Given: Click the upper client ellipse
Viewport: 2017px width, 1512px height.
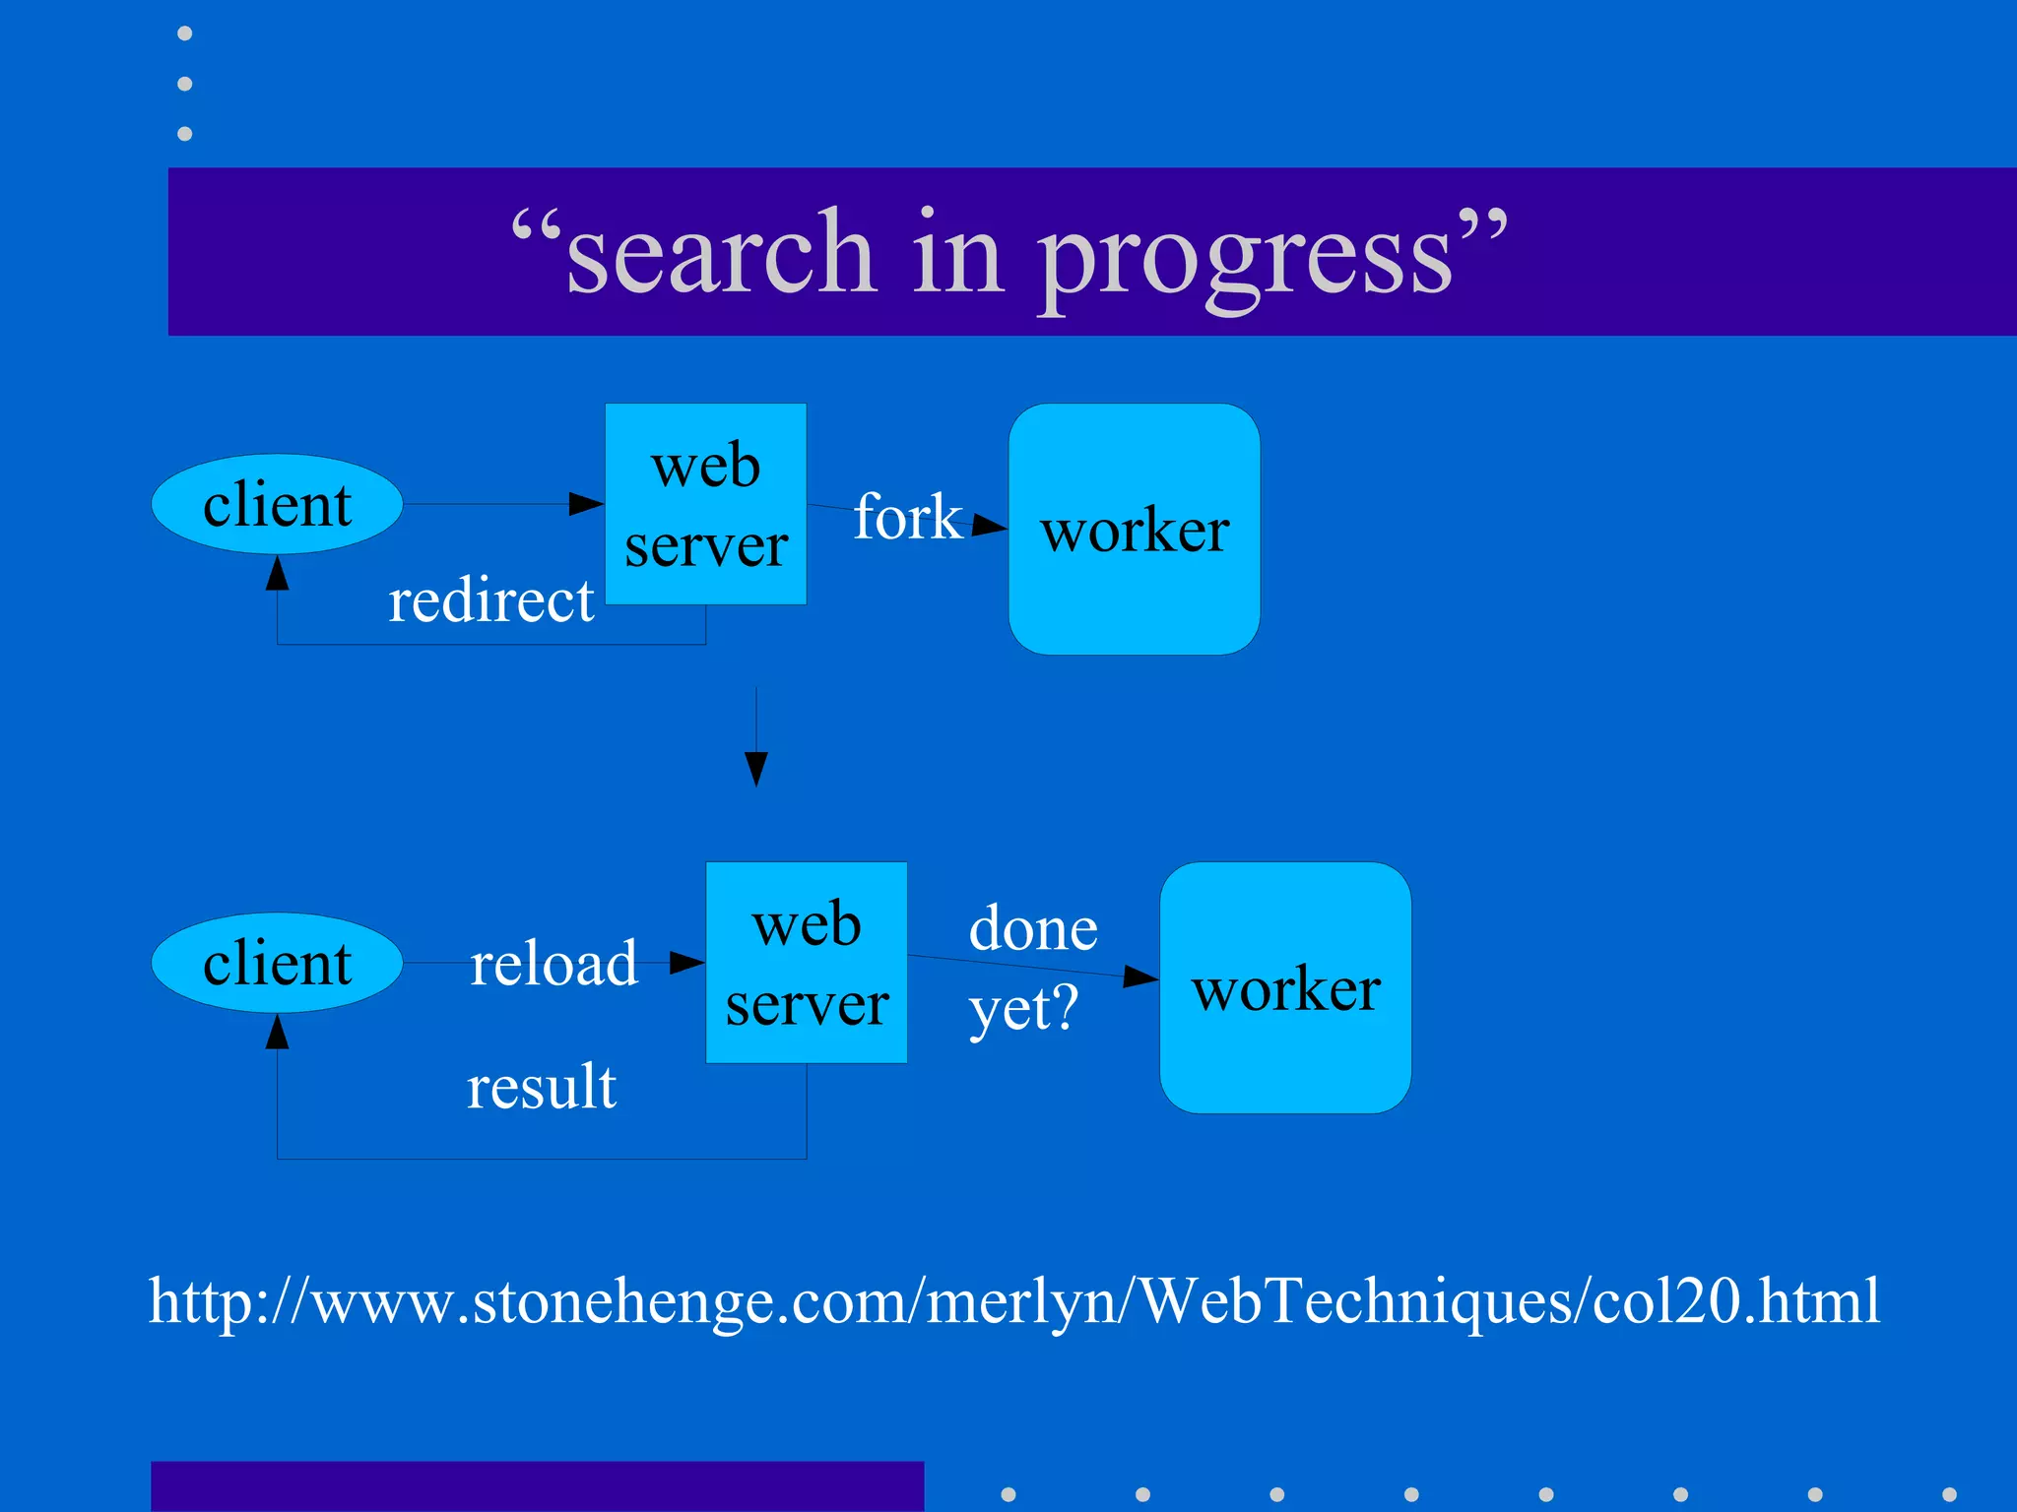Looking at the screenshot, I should coord(277,504).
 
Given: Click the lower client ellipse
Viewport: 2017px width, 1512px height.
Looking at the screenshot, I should coord(277,963).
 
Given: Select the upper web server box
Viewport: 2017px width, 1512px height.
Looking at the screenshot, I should coord(705,504).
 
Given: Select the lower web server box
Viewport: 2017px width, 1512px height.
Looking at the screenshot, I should coord(806,963).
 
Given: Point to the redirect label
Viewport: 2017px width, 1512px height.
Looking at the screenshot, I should coord(490,600).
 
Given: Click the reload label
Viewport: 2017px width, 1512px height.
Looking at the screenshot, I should coord(553,963).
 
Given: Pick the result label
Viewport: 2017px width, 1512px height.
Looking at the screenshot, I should coord(541,1087).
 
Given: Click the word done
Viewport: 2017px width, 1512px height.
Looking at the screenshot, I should coord(1033,928).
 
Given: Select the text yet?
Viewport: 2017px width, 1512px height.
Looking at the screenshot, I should coord(1023,1009).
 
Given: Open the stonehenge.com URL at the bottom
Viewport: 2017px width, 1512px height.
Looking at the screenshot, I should coord(1013,1300).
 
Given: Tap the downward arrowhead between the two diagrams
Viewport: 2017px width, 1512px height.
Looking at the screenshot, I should coord(755,768).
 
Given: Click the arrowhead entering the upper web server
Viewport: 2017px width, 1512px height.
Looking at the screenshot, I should coord(587,504).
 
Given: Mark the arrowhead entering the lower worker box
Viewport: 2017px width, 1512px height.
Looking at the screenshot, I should coord(1141,976).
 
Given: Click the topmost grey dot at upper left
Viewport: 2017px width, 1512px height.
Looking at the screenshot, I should coord(184,33).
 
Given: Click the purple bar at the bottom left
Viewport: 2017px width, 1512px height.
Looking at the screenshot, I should coord(537,1485).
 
